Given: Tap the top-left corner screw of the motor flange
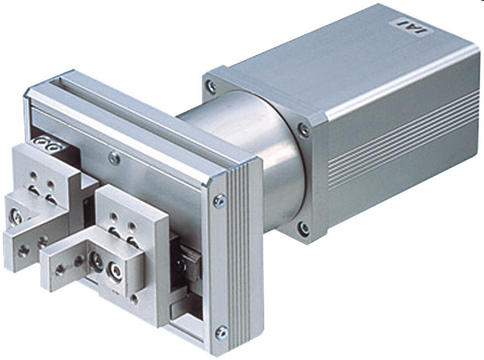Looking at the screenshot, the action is pos(212,85).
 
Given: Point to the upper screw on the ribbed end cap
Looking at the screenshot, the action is pos(220,201).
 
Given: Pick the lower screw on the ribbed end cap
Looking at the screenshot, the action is pos(222,333).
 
